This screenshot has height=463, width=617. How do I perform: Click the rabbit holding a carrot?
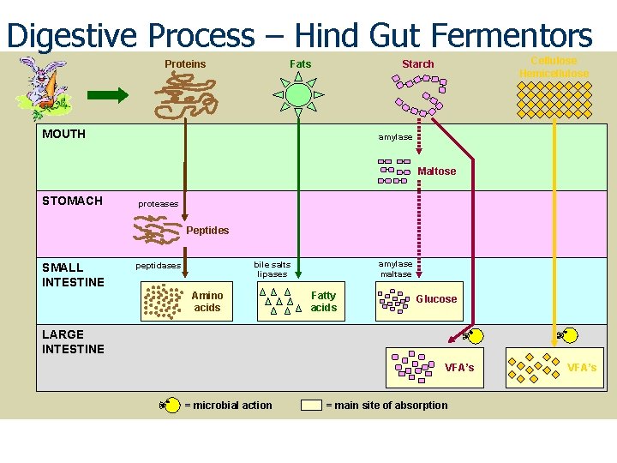[x=40, y=86]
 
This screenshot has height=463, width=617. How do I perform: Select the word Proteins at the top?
[x=185, y=64]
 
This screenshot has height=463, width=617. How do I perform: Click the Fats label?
[x=301, y=64]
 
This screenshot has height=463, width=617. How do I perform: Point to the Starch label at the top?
[x=418, y=64]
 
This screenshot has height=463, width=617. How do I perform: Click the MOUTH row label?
[x=63, y=134]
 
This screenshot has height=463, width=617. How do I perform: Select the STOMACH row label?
[x=72, y=201]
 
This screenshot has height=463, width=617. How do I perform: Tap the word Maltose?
[x=437, y=171]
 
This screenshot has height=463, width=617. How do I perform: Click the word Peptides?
[x=207, y=231]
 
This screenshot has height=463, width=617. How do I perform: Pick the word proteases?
[x=159, y=204]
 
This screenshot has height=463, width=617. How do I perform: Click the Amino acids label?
[x=207, y=302]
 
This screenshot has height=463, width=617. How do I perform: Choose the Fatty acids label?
[x=324, y=302]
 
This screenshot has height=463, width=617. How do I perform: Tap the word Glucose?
[x=436, y=299]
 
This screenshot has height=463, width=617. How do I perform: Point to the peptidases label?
[x=159, y=266]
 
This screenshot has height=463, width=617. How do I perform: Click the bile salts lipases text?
[x=273, y=269]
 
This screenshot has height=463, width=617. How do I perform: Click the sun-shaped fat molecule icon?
[x=297, y=93]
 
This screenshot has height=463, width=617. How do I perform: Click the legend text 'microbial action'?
[x=228, y=406]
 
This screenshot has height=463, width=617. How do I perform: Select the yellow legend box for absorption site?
[x=311, y=405]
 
